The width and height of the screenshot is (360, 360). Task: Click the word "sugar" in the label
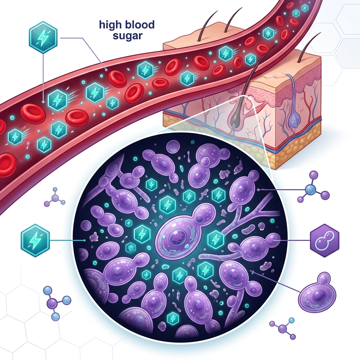coord(128,36)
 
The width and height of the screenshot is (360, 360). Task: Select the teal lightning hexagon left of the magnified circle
coord(35,240)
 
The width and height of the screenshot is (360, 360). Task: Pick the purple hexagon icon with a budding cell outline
coord(324,240)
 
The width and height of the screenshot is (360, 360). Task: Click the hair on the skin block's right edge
coord(306,48)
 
